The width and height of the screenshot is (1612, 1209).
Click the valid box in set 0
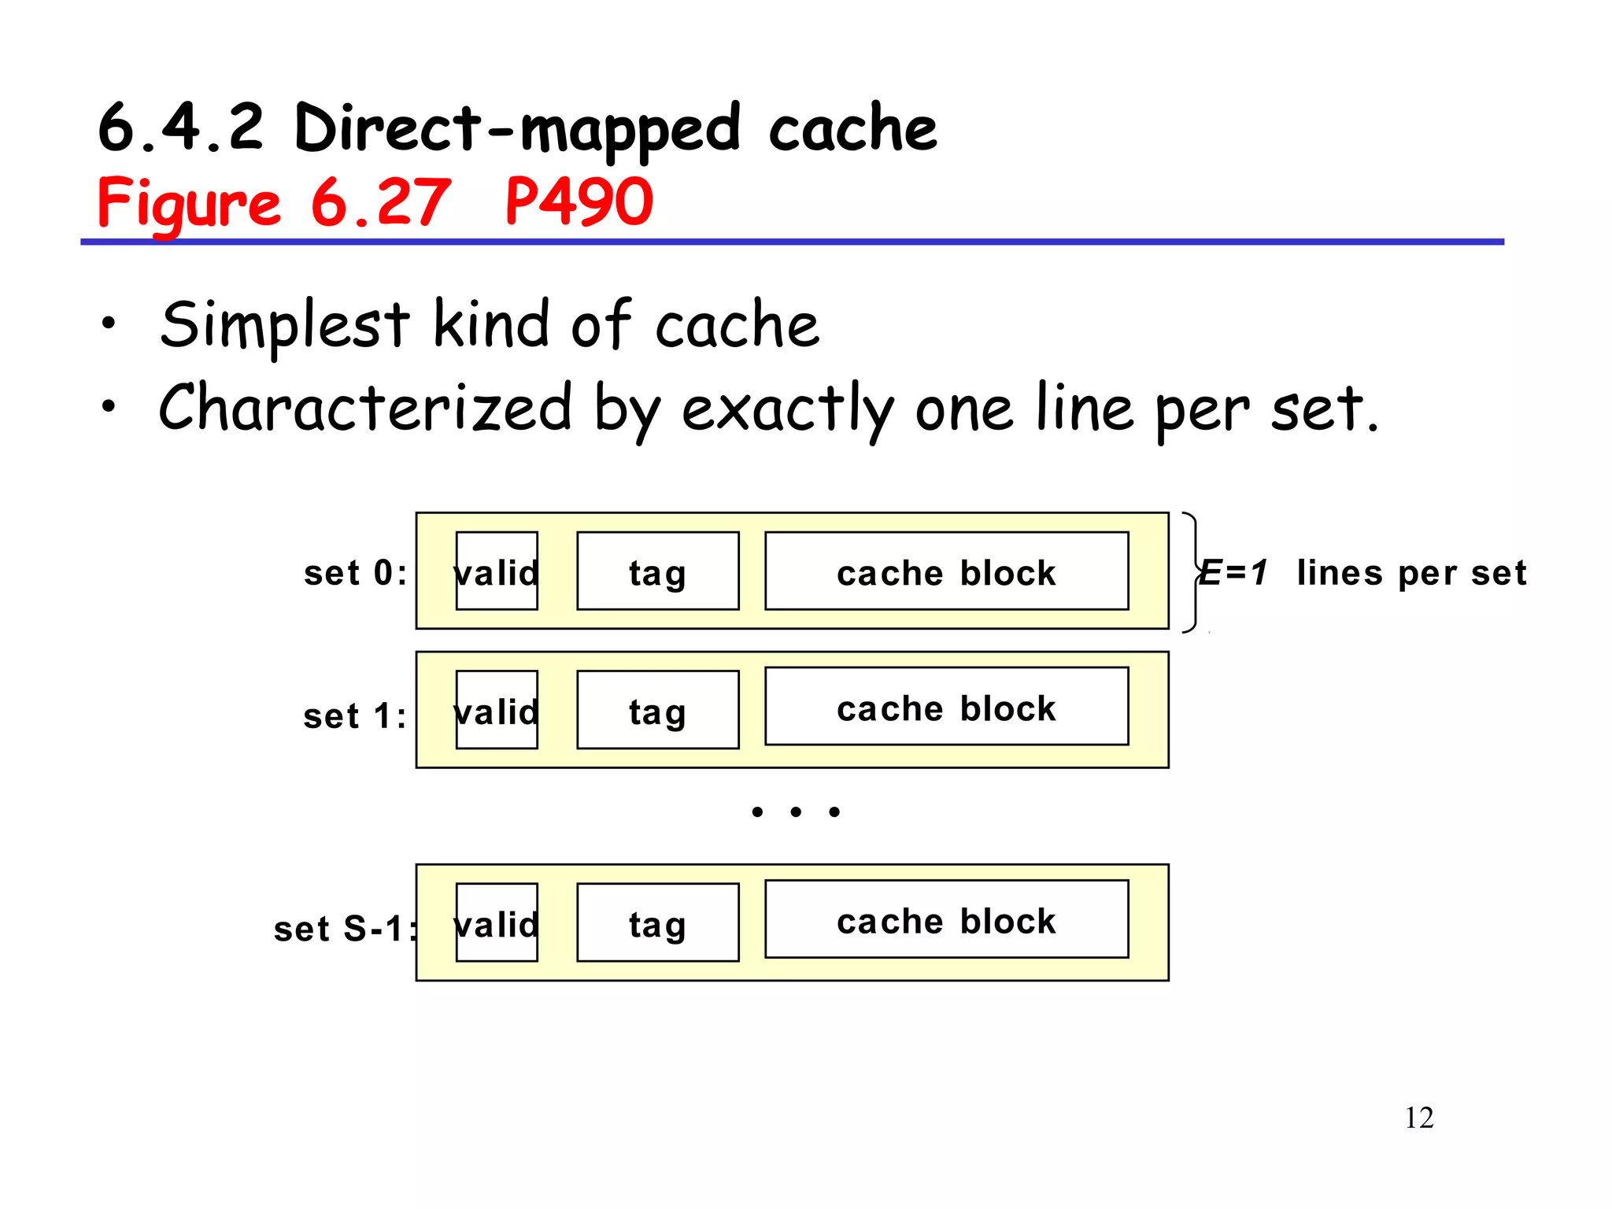[497, 571]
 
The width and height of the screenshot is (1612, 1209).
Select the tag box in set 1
[657, 710]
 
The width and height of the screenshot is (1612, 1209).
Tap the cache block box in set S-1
[946, 919]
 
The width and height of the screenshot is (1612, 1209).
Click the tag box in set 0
[657, 571]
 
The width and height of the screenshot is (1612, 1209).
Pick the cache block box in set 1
[946, 707]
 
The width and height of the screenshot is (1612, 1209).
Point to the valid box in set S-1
[497, 922]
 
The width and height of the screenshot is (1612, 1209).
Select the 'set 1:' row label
[355, 716]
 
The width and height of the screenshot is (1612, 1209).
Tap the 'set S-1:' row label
[345, 929]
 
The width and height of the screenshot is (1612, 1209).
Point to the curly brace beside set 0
[1192, 572]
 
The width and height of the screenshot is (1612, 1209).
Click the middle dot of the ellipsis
[796, 812]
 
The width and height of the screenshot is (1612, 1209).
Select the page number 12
[1418, 1118]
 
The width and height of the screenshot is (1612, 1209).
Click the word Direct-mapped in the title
[516, 128]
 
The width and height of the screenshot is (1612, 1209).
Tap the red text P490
[579, 202]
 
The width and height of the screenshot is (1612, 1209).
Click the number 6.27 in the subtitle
[381, 202]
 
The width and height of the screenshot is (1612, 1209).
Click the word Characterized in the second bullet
[365, 408]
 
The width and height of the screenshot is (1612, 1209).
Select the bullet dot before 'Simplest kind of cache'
[109, 322]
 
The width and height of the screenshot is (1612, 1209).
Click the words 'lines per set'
[1411, 573]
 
